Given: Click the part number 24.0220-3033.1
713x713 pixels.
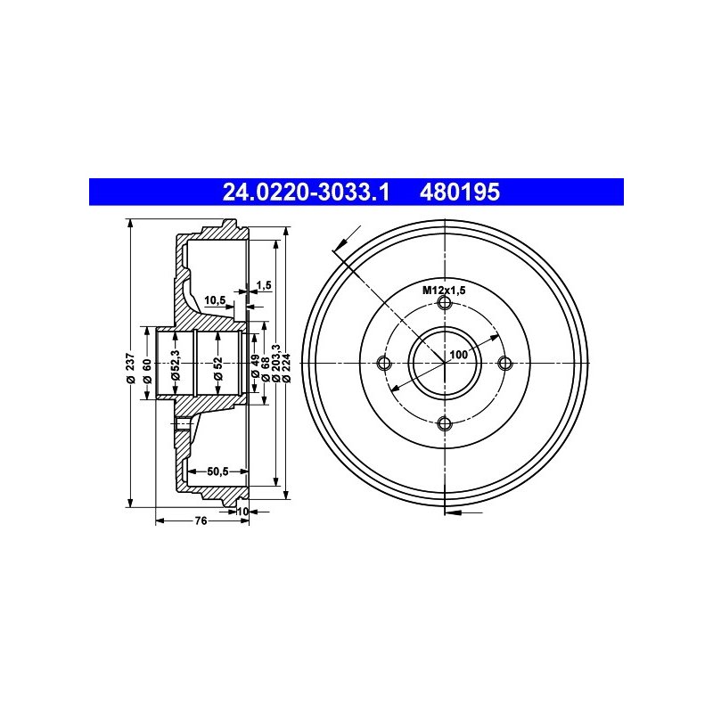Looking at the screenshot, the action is point(306,192).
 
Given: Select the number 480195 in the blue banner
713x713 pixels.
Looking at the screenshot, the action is point(460,192).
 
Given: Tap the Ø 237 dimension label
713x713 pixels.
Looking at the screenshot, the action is point(131,368).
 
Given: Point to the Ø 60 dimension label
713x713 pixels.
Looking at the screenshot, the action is point(147,371).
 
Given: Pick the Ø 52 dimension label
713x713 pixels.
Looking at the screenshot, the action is point(218,368).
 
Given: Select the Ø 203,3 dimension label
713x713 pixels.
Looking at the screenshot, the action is point(276,363).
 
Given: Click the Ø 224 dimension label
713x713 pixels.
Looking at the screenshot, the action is point(286,367).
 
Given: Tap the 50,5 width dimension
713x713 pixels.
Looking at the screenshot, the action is point(217,471).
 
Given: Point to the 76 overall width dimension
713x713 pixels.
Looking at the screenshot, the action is point(201,520).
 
